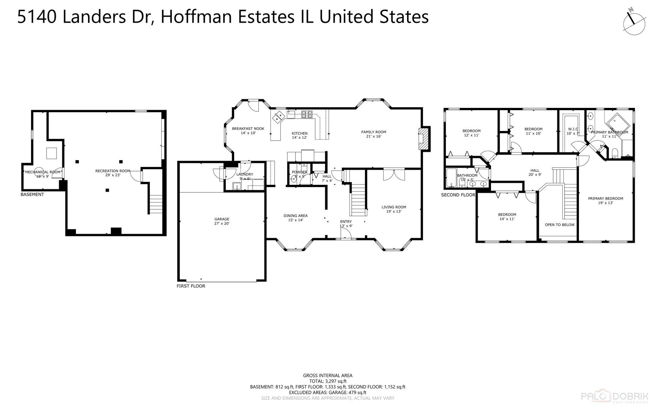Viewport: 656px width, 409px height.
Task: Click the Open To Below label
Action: [560, 225]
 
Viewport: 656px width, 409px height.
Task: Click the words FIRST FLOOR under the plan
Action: [191, 286]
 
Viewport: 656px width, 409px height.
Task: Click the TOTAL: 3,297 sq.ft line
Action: [327, 381]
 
